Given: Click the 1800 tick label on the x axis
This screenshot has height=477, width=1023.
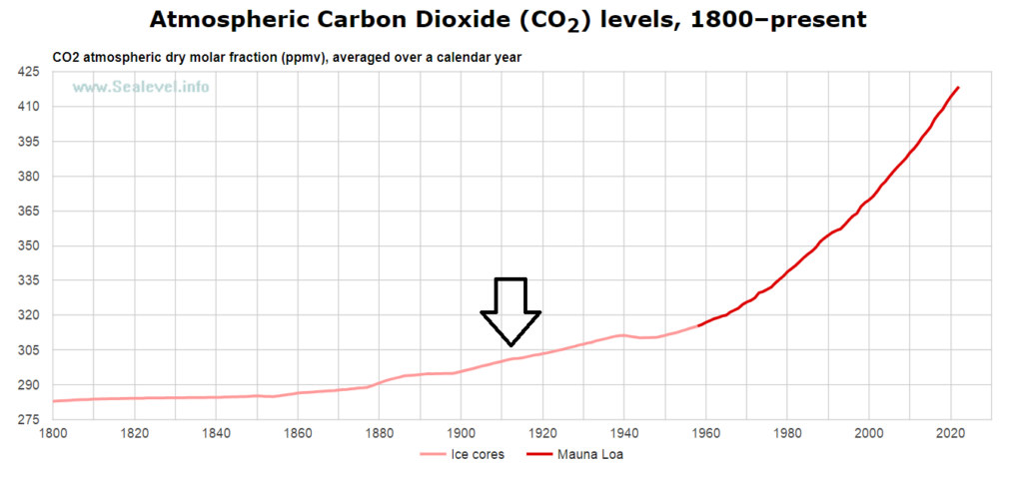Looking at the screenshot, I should pyautogui.click(x=53, y=433).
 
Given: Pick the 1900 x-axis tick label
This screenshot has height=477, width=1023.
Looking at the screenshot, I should pyautogui.click(x=461, y=433).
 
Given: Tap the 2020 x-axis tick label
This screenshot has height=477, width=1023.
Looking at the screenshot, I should pyautogui.click(x=950, y=433).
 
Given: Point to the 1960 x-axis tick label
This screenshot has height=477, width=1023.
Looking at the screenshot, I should pyautogui.click(x=705, y=433).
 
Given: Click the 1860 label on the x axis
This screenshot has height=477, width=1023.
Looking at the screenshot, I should pyautogui.click(x=298, y=433).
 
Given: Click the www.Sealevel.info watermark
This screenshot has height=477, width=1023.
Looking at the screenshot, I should pyautogui.click(x=140, y=87).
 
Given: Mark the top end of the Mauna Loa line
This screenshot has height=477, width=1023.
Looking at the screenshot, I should pyautogui.click(x=958, y=88).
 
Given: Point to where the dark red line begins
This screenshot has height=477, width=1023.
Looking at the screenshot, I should pyautogui.click(x=698, y=325).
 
